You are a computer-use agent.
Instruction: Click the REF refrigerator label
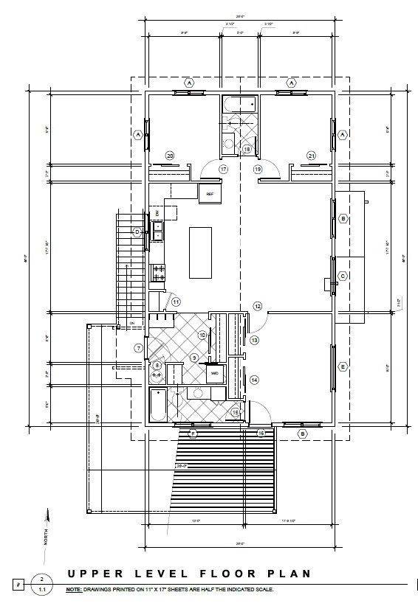[210, 194]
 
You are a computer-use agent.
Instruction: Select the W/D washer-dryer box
[216, 373]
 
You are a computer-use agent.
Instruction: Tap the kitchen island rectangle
[200, 252]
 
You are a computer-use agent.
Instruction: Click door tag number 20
[170, 156]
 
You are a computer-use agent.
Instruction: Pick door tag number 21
[311, 156]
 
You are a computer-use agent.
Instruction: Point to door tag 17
[222, 169]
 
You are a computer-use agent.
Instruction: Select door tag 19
[258, 169]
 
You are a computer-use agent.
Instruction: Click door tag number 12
[258, 306]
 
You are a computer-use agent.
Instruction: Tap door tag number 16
[261, 434]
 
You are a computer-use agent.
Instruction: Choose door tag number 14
[254, 380]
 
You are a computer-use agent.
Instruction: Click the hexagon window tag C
[343, 276]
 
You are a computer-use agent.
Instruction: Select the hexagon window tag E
[343, 366]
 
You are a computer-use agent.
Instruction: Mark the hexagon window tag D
[137, 232]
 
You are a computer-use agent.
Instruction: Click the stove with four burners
[158, 273]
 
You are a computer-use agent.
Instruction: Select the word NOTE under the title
[73, 590]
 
